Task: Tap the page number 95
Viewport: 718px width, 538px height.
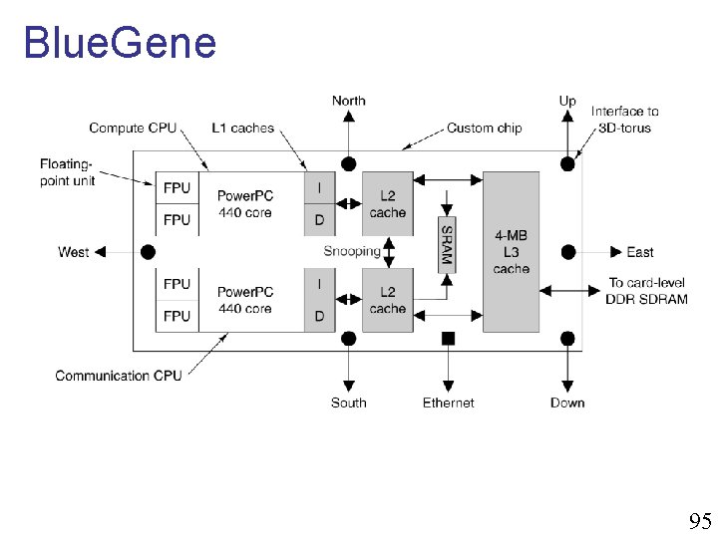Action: pyautogui.click(x=699, y=521)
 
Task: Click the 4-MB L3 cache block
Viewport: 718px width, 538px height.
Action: pyautogui.click(x=511, y=252)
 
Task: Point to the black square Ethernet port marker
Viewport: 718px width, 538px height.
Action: pyautogui.click(x=448, y=339)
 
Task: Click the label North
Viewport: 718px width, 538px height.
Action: pyautogui.click(x=348, y=101)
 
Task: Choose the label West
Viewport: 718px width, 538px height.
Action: pyautogui.click(x=73, y=252)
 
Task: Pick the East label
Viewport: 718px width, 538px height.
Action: pyautogui.click(x=640, y=252)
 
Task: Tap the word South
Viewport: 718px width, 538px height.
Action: pyautogui.click(x=348, y=403)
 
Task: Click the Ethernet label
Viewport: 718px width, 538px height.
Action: pyautogui.click(x=448, y=403)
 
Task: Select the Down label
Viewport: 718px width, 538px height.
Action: pyautogui.click(x=567, y=403)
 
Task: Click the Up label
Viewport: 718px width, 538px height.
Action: pyautogui.click(x=567, y=101)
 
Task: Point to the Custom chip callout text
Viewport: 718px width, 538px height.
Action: pyautogui.click(x=484, y=128)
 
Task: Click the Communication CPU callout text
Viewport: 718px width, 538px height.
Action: pyautogui.click(x=119, y=376)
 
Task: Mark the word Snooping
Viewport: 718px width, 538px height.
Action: pyautogui.click(x=352, y=251)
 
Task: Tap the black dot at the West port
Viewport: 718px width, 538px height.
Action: pyautogui.click(x=149, y=252)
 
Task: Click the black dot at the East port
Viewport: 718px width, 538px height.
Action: pyautogui.click(x=567, y=252)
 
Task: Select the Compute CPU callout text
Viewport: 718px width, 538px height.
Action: pyautogui.click(x=132, y=128)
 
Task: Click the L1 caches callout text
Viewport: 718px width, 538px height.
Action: pyautogui.click(x=242, y=128)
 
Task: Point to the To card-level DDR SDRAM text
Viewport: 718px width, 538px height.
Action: pyautogui.click(x=646, y=291)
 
